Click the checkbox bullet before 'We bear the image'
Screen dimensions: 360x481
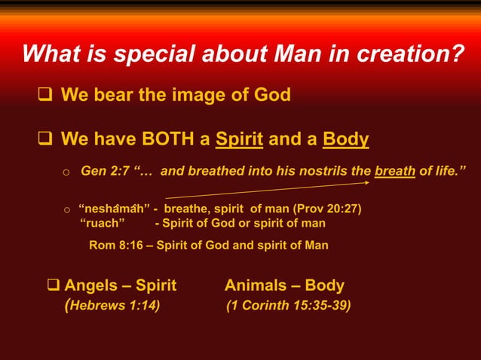pyautogui.click(x=45, y=96)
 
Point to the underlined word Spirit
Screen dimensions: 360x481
pyautogui.click(x=239, y=139)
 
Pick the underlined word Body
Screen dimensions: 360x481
pyautogui.click(x=345, y=139)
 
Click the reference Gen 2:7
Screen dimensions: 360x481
pyautogui.click(x=104, y=171)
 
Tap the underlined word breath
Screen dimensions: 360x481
pyautogui.click(x=395, y=171)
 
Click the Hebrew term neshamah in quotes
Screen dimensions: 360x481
pyautogui.click(x=114, y=209)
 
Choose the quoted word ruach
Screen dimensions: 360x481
pyautogui.click(x=103, y=223)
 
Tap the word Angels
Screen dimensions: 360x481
pyautogui.click(x=90, y=285)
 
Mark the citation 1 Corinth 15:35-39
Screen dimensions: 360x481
pyautogui.click(x=288, y=305)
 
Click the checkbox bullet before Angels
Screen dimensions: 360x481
pyautogui.click(x=54, y=285)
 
